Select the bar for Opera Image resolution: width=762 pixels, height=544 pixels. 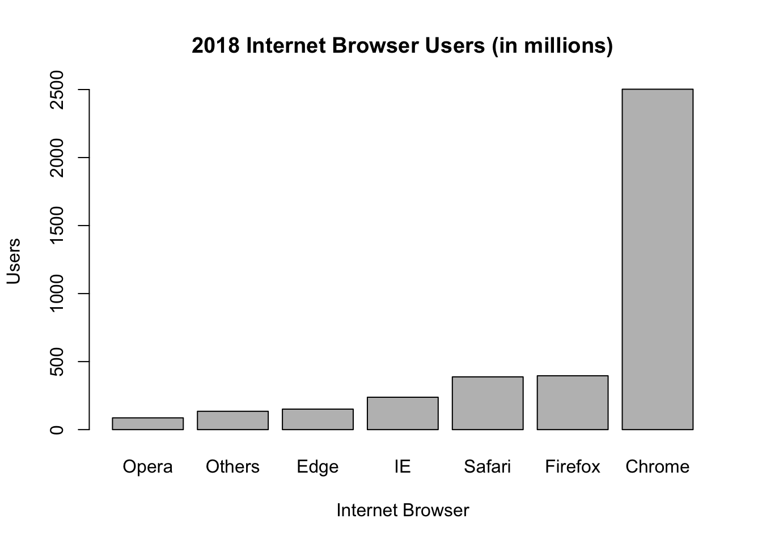point(147,423)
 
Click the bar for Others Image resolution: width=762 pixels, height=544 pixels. point(232,420)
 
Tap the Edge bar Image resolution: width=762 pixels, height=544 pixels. point(317,419)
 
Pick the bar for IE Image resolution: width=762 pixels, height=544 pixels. point(403,413)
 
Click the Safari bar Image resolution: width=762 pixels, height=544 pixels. point(488,403)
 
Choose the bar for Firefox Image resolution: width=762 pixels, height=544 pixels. point(573,402)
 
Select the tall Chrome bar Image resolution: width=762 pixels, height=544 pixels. point(657,259)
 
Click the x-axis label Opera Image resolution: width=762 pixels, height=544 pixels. point(147,466)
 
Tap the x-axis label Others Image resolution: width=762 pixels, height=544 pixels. point(232,466)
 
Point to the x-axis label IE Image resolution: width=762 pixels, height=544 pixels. point(403,466)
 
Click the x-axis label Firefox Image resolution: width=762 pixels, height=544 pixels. point(573,466)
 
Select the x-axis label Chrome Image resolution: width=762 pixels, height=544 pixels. point(657,466)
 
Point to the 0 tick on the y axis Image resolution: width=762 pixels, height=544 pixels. point(57,430)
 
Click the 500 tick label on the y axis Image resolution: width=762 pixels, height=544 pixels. point(57,362)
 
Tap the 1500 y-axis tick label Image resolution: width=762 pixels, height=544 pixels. point(57,226)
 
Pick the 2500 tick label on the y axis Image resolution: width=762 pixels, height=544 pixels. point(57,90)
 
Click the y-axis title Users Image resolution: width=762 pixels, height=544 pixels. point(14,261)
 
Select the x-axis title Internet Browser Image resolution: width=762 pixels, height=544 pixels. point(403,510)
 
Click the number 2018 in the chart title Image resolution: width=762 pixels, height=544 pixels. point(215,45)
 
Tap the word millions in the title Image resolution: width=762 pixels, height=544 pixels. point(567,45)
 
